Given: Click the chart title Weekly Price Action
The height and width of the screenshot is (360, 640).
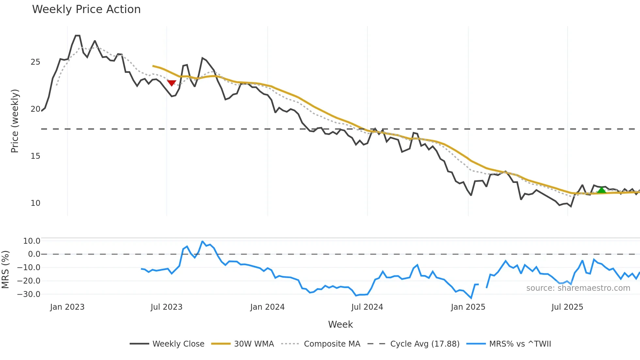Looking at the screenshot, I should pos(86,9).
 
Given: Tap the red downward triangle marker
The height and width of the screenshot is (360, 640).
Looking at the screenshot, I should pos(172,83).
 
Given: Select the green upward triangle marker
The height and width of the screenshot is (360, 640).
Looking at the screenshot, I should pos(601,190).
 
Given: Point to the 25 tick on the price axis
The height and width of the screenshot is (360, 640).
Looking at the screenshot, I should pos(35,62).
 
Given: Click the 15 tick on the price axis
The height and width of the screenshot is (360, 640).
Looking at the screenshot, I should pos(35,156).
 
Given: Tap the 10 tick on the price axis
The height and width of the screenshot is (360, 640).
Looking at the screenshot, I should pos(35,203).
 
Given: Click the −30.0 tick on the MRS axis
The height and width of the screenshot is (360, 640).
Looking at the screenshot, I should pos(29,294).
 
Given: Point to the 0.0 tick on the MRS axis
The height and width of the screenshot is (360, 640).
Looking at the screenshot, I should pos(34,254).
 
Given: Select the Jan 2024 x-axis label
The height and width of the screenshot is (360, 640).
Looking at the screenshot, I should pos(267,307).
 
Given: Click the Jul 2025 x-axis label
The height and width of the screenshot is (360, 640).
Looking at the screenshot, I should pos(567,307).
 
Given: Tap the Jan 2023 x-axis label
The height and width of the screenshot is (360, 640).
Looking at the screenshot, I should pos(67,307).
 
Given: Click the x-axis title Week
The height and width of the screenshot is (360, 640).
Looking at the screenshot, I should pos(340,324).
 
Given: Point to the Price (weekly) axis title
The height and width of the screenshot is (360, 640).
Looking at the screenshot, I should pos(15,121).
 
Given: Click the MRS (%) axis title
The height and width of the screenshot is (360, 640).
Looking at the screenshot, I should pos(5,270).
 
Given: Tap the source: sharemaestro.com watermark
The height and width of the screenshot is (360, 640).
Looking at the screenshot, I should pos(578,288).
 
